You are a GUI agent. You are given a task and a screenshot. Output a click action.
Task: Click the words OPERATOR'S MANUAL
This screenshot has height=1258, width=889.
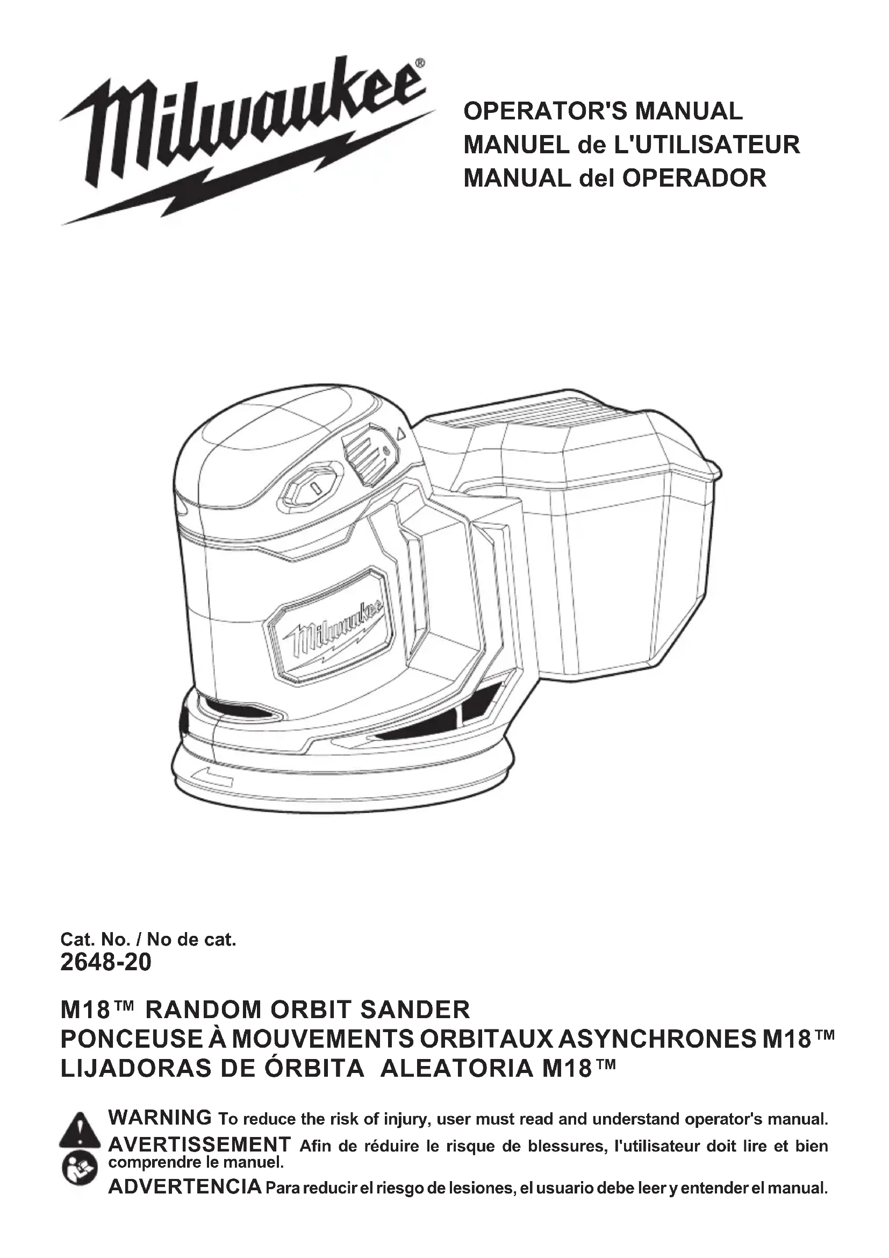(603, 111)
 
